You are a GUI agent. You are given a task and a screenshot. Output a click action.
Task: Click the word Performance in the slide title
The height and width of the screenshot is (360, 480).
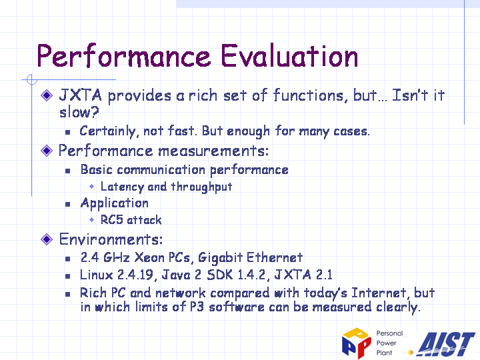tap(123, 57)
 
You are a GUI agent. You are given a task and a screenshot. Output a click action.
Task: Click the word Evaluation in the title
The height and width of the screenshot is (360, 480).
tap(289, 55)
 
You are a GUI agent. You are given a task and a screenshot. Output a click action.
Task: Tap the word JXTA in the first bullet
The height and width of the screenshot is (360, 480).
tap(80, 95)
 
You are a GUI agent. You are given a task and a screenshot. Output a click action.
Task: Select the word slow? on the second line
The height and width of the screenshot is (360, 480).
tap(79, 112)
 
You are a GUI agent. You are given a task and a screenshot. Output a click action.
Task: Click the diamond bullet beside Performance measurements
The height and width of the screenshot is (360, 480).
tap(47, 151)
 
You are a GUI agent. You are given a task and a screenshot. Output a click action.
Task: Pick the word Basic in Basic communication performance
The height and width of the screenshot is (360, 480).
tap(97, 169)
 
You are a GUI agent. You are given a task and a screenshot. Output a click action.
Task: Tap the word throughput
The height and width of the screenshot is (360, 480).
tap(201, 187)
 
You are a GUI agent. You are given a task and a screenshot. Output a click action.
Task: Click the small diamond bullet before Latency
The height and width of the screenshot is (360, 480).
tap(91, 186)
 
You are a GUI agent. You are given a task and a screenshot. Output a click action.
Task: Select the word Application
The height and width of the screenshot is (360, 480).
tap(115, 203)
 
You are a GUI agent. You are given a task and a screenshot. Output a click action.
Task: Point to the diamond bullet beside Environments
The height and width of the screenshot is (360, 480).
tap(47, 239)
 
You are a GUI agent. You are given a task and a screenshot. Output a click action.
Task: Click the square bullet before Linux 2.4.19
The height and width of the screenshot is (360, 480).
tap(67, 276)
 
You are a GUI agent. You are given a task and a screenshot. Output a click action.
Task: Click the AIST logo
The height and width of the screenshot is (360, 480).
tap(446, 344)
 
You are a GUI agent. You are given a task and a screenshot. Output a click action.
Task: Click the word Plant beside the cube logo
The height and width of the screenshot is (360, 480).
tap(384, 353)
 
